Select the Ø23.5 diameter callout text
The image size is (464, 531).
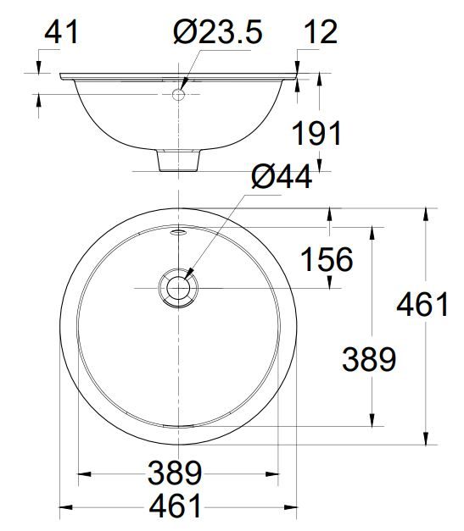217,33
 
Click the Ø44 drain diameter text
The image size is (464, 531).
282,178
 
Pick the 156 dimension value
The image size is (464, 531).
325,260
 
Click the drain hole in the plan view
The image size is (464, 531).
178,287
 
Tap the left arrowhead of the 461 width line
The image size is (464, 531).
64,510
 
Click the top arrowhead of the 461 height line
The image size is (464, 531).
426,213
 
